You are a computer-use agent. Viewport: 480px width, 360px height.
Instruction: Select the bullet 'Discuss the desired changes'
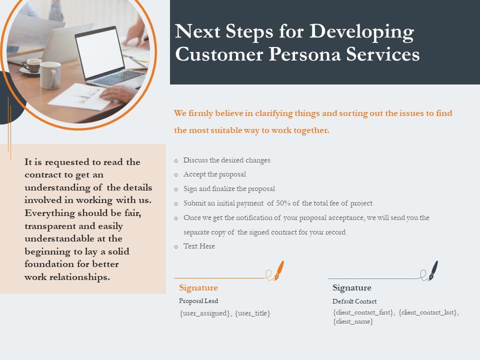[226, 160]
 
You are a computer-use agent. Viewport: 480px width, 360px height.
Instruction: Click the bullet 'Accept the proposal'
[214, 174]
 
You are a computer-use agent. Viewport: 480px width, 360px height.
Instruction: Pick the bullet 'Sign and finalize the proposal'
[229, 189]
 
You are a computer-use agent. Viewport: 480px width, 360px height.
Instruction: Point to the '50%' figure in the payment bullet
[284, 203]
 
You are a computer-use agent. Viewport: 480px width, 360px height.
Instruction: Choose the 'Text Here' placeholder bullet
[199, 246]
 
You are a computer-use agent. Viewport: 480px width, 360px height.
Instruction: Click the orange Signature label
[198, 288]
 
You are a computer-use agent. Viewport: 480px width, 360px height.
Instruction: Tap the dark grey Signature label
[352, 288]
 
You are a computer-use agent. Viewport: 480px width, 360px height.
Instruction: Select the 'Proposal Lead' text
[198, 301]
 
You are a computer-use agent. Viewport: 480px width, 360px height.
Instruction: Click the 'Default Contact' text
[354, 301]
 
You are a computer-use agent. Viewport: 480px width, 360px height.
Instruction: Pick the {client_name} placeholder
[353, 322]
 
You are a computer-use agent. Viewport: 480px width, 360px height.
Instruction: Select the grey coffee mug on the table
[49, 75]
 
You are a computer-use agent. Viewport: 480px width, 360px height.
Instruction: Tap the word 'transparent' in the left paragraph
[48, 225]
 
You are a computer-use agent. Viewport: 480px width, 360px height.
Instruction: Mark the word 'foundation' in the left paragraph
[47, 264]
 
